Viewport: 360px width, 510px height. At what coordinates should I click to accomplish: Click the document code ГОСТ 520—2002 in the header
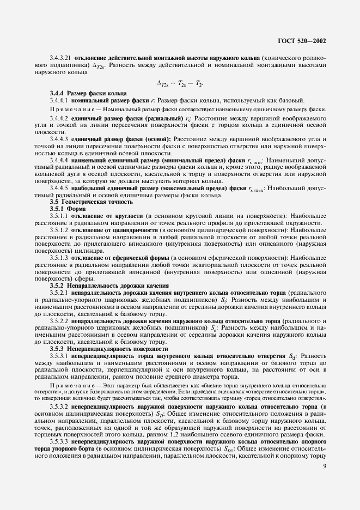click(x=305, y=41)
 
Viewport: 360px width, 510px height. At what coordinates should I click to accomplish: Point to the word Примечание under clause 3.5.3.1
click(x=66, y=385)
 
